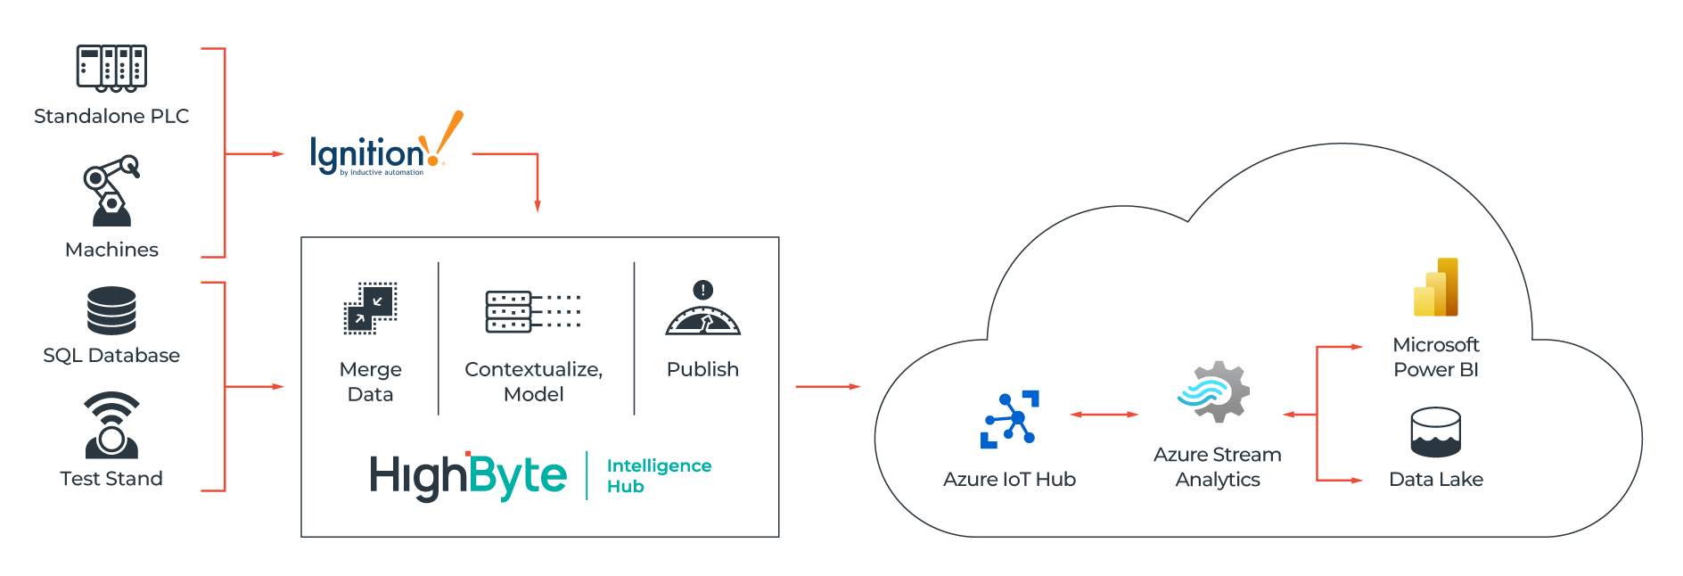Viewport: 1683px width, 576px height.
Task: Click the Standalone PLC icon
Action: point(111,68)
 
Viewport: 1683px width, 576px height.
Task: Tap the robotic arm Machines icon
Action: point(111,191)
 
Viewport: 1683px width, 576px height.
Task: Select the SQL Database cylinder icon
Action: point(111,310)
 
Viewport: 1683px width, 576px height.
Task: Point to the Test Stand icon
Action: point(111,425)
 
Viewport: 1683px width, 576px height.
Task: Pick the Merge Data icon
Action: point(371,309)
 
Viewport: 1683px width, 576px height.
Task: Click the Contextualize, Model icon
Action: point(533,311)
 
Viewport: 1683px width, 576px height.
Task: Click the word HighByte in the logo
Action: point(468,475)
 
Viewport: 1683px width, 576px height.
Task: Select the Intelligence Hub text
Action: point(659,475)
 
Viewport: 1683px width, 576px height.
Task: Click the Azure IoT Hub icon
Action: point(1010,419)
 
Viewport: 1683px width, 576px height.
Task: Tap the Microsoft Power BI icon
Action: point(1435,287)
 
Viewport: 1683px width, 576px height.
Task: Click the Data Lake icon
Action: point(1435,432)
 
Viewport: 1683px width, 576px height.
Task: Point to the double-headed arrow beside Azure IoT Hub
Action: point(1104,415)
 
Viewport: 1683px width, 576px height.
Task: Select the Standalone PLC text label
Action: point(111,116)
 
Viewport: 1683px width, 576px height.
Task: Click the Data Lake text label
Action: point(1435,479)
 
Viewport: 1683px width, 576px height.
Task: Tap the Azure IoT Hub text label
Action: point(1009,479)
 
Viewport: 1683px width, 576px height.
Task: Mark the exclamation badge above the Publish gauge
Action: point(703,290)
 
